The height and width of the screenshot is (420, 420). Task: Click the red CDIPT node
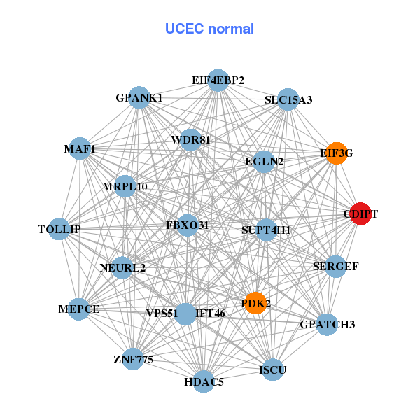[x=360, y=214]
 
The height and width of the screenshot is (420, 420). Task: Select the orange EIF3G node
[x=337, y=153]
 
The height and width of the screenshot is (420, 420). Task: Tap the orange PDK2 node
[x=255, y=303]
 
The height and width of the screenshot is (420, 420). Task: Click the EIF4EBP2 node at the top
[x=218, y=80]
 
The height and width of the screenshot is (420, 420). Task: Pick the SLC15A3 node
[x=288, y=99]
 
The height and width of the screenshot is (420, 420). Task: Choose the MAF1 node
[x=80, y=149]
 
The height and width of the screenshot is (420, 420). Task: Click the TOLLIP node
[x=59, y=229]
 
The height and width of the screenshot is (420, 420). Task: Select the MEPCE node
[x=79, y=309]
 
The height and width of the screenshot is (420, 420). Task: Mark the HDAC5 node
[x=204, y=381]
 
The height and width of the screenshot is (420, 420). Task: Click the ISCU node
[x=272, y=369]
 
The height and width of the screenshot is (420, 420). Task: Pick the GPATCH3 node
[x=327, y=324]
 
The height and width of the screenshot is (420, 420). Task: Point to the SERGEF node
[x=336, y=266]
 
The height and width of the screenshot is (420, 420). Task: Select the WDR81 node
[x=190, y=139]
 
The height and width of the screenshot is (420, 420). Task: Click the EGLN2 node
[x=264, y=162]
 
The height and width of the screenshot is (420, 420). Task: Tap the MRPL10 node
[x=125, y=186]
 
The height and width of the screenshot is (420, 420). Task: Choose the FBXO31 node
[x=187, y=225]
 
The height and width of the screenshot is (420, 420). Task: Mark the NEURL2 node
[x=122, y=267]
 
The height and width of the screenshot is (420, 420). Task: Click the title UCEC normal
[x=209, y=29]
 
